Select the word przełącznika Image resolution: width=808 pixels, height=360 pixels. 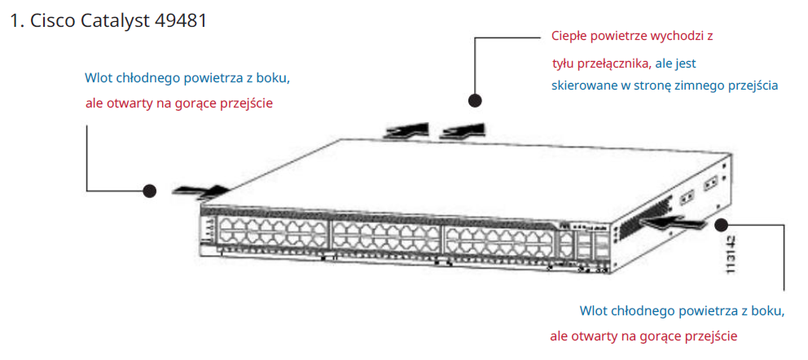(x=616, y=63)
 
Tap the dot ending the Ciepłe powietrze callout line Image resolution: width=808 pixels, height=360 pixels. (x=475, y=100)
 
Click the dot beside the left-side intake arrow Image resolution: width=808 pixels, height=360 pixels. (x=149, y=191)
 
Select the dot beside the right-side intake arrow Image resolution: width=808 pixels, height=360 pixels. (x=721, y=223)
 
